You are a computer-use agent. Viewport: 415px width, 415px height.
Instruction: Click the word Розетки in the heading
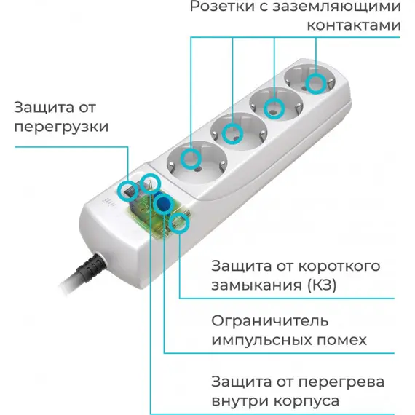[x=222, y=7]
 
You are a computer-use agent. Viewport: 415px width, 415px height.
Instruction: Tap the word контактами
[x=354, y=25]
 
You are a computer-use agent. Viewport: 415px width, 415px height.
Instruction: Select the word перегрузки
[x=61, y=127]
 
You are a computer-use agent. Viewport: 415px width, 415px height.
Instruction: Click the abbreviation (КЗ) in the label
[x=322, y=285]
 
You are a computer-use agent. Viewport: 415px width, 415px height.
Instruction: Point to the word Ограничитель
[x=269, y=321]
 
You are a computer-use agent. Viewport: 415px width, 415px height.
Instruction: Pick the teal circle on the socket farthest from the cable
[x=316, y=83]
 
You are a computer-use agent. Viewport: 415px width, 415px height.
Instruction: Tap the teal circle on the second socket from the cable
[x=232, y=134]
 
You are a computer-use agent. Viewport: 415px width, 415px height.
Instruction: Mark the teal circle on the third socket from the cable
[x=274, y=108]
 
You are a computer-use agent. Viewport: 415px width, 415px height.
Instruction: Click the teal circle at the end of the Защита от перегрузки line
[x=128, y=190]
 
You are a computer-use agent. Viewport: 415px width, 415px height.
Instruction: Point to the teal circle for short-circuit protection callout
[x=179, y=223]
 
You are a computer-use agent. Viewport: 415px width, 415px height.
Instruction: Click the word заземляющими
[x=336, y=7]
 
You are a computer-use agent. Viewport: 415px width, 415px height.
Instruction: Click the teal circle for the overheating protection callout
[x=150, y=183]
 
